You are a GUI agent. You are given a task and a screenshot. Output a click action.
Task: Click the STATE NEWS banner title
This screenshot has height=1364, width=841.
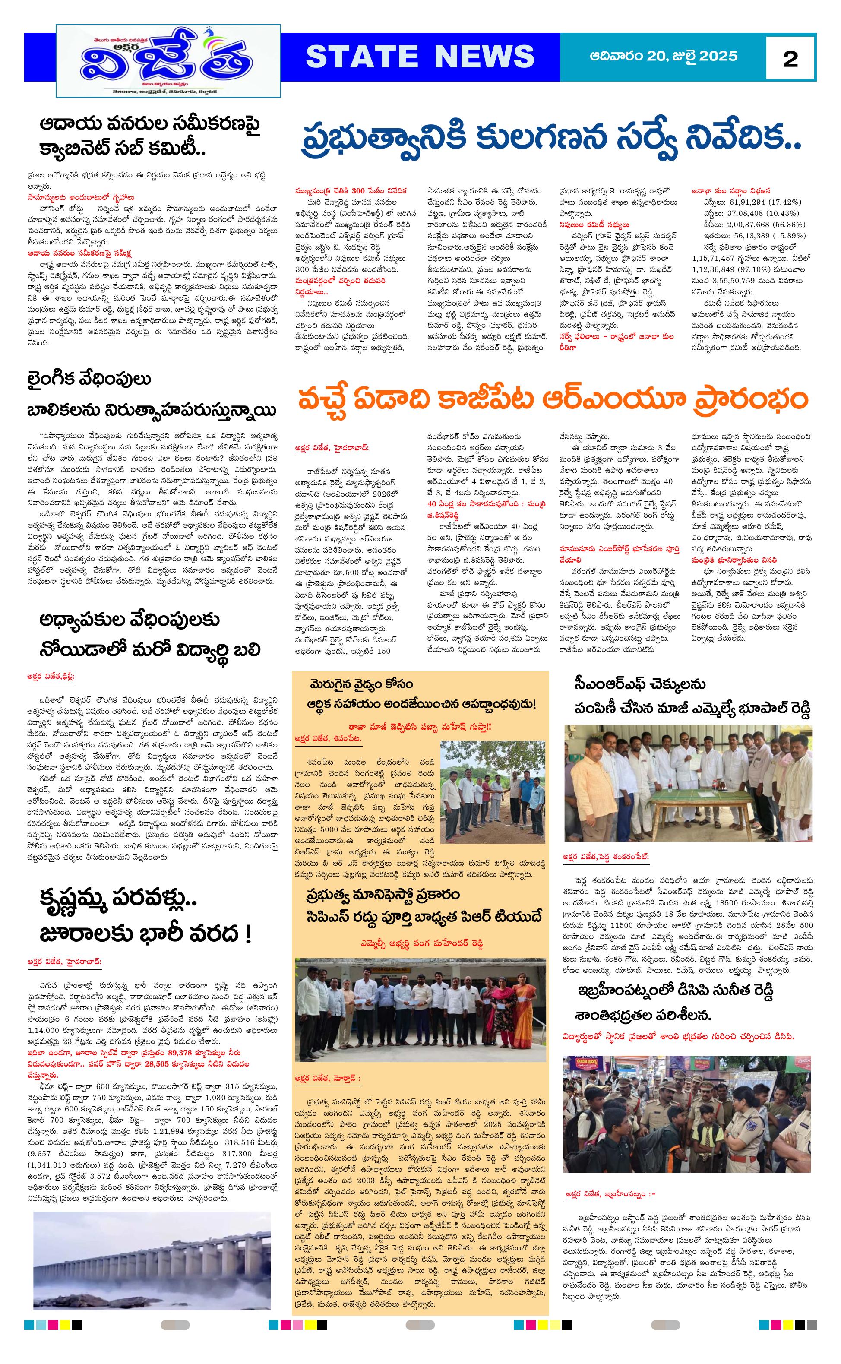coord(420,57)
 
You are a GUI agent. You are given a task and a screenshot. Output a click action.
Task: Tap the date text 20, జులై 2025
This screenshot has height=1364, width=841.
coord(690,56)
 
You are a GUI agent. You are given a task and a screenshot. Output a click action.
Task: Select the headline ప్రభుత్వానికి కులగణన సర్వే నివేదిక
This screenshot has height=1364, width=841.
coord(550,139)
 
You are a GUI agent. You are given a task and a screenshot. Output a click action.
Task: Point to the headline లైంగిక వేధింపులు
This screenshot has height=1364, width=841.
coord(89,380)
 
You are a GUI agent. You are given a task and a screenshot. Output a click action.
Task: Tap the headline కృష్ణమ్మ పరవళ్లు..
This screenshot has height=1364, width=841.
coord(118,898)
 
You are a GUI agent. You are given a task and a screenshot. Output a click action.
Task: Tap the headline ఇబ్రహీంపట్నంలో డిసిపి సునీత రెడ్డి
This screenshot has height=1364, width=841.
coord(675,990)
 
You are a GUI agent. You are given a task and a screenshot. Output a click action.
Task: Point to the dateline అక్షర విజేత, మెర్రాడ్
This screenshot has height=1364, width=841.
coord(327,1078)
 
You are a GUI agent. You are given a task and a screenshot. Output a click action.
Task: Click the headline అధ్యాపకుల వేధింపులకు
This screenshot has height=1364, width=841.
coord(129,620)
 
